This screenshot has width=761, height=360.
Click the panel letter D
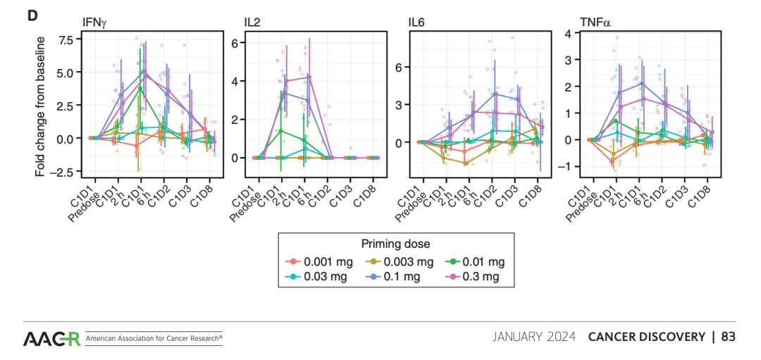point(32,14)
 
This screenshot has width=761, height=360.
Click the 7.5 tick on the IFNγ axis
point(66,39)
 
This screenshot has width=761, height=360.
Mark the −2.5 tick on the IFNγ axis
point(64,171)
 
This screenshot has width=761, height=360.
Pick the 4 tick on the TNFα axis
point(567,33)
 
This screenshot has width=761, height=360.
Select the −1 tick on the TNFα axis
point(564,166)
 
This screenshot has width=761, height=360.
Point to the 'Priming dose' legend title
point(395,244)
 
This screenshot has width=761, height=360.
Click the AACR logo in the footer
point(52,338)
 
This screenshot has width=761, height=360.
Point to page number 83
point(728,337)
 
